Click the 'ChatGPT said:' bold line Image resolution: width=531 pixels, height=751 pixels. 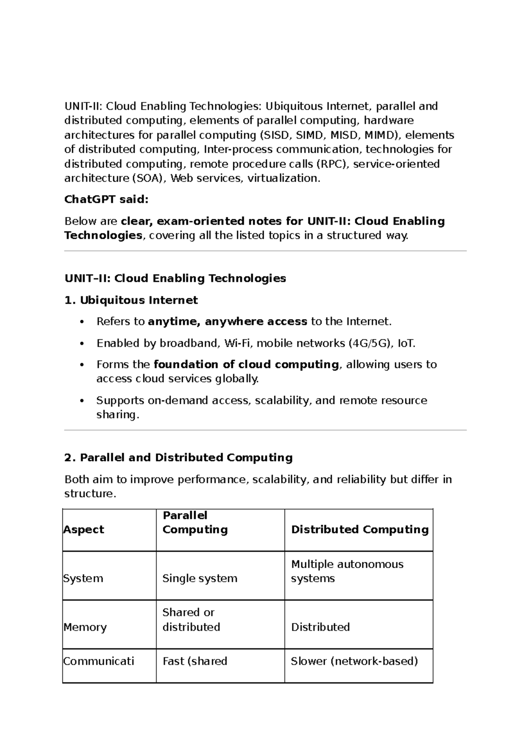pos(106,200)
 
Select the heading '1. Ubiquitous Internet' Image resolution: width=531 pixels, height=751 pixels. pos(131,301)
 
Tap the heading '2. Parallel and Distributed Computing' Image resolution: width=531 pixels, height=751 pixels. pos(178,458)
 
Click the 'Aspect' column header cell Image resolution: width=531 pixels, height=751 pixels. pos(84,530)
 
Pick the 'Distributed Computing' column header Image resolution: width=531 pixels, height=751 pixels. pos(360,530)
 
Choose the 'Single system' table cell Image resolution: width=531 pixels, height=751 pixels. pos(200,578)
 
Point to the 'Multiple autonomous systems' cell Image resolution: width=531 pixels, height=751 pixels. pos(347,571)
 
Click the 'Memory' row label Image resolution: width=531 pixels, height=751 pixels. pos(85,627)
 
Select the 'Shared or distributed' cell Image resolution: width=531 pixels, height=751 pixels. pos(191,619)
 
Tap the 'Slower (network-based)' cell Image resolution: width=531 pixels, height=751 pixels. pos(354,661)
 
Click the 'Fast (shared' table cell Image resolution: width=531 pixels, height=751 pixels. pos(195,661)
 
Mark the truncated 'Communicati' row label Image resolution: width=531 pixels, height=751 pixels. pos(99,661)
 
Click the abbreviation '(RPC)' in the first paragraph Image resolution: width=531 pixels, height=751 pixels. pos(332,164)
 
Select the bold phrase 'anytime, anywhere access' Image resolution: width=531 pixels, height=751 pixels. pos(227,321)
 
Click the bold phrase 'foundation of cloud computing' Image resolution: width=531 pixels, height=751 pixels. pos(246,364)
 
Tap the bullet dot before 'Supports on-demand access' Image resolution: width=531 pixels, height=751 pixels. pos(81,401)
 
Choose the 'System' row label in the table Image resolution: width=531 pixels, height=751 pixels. pos(83,578)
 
